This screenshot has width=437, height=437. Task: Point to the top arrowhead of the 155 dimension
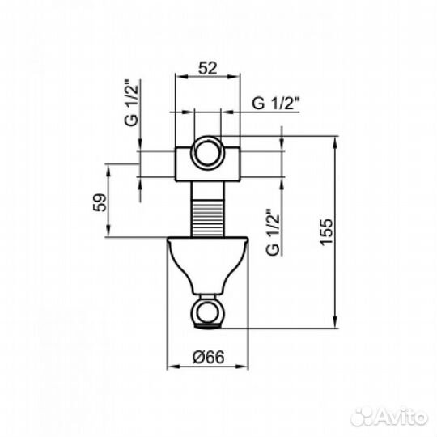[x=333, y=140]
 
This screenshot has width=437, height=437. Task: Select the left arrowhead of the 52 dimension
[x=180, y=78]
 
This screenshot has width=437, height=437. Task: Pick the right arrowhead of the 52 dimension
[x=238, y=78]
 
